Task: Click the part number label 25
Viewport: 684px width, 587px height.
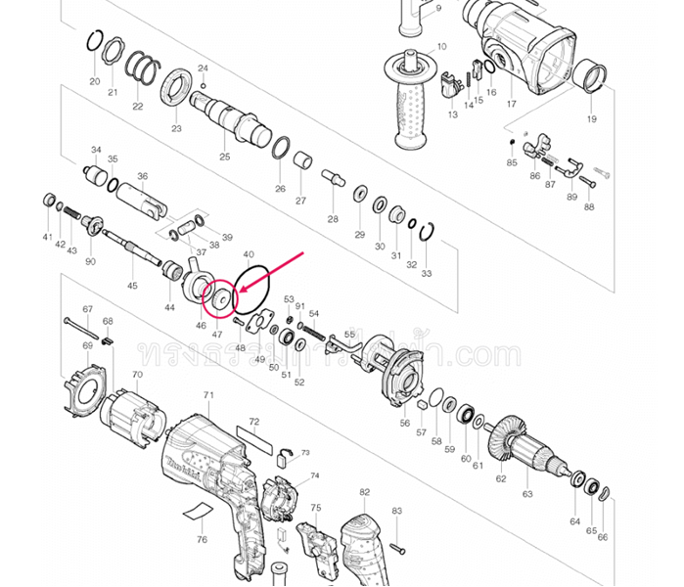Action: coord(225,157)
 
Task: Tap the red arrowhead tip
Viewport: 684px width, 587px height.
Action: coord(237,292)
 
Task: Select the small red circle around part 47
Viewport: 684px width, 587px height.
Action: coord(218,296)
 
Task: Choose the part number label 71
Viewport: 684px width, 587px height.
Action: coord(208,395)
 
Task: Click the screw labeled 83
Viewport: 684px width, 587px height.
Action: coord(396,545)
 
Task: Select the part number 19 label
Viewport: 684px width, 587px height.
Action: coord(591,119)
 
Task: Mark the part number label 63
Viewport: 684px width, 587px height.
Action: coord(528,494)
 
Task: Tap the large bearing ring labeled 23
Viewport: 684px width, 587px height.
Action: coord(176,89)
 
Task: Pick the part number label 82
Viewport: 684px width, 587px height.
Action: coord(364,491)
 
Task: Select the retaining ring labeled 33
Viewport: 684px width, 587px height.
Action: coord(426,233)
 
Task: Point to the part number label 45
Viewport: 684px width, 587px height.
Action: coord(132,286)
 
